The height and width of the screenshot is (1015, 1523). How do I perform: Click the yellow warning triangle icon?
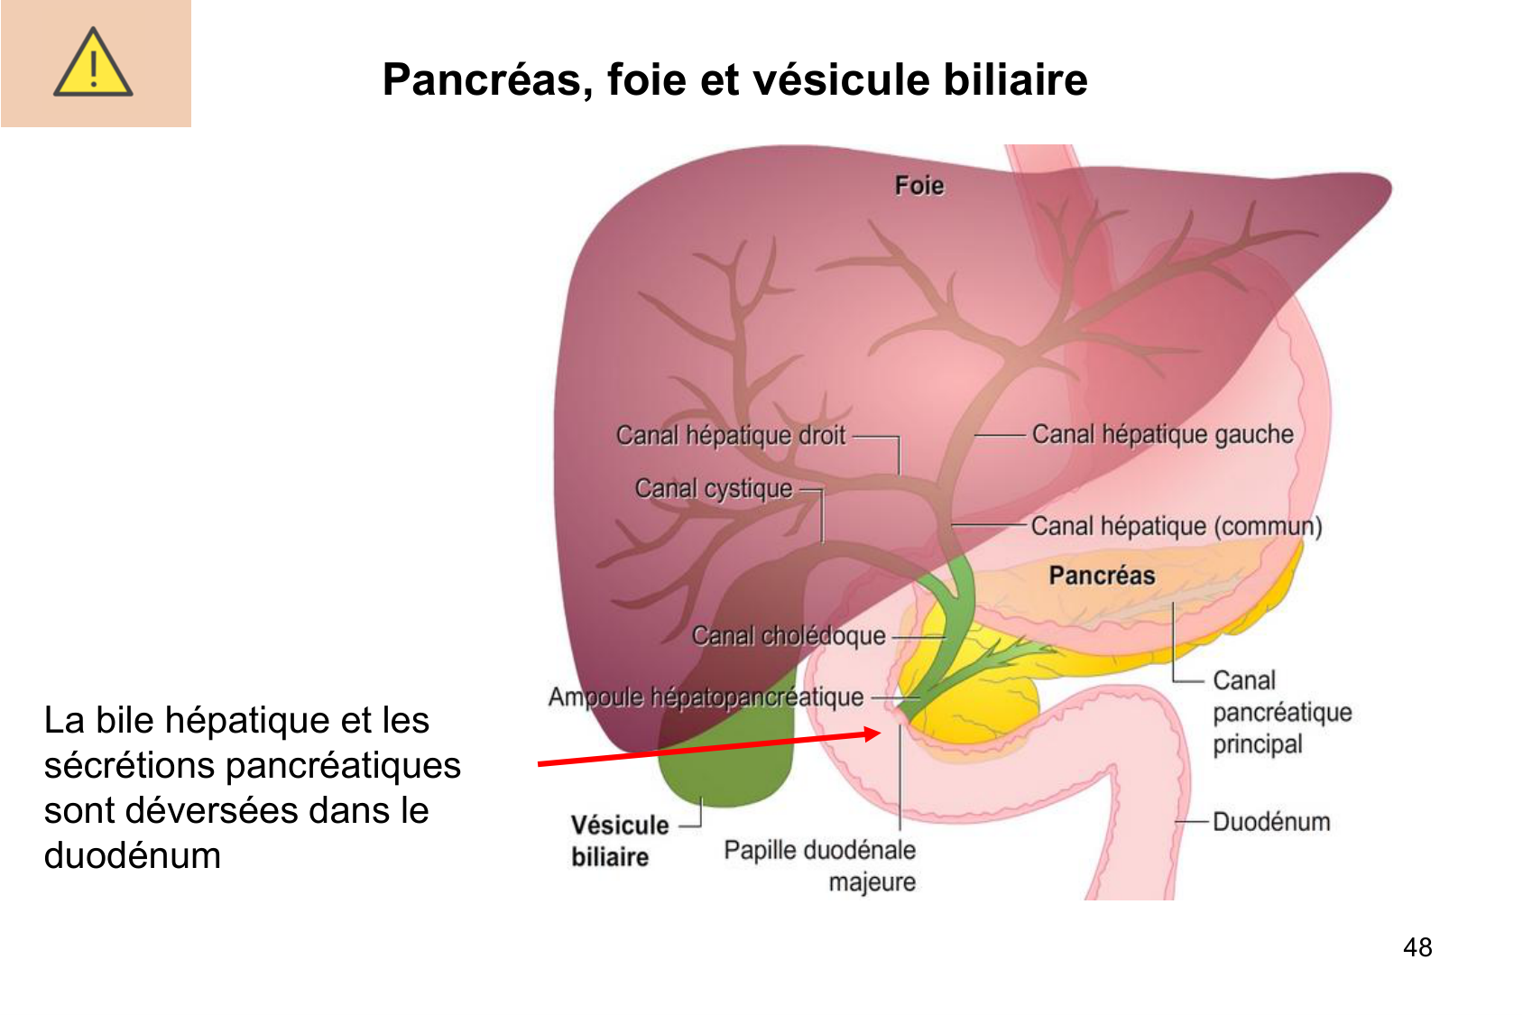pyautogui.click(x=93, y=63)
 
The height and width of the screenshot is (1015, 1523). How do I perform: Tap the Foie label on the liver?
pyautogui.click(x=918, y=186)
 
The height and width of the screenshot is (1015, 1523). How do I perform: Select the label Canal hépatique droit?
pyautogui.click(x=730, y=436)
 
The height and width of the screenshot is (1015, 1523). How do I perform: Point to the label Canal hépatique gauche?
pyautogui.click(x=1162, y=435)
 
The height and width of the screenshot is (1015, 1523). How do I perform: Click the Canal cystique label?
pyautogui.click(x=713, y=489)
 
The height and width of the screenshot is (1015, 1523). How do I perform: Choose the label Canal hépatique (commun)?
pyautogui.click(x=1176, y=526)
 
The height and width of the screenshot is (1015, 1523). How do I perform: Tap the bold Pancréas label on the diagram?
pyautogui.click(x=1101, y=576)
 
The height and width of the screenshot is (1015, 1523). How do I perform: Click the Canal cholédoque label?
pyautogui.click(x=788, y=636)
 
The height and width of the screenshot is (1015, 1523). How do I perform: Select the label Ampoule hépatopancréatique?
pyautogui.click(x=706, y=697)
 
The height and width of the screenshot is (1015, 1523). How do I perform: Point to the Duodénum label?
pyautogui.click(x=1270, y=822)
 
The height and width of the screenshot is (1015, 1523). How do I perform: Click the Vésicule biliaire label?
pyautogui.click(x=619, y=840)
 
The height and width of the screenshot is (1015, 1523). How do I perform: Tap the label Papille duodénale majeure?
pyautogui.click(x=819, y=864)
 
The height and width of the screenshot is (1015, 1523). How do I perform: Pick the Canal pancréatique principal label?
pyautogui.click(x=1281, y=712)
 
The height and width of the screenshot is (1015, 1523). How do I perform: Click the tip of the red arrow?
pyautogui.click(x=879, y=733)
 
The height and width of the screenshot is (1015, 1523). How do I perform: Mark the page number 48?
pyautogui.click(x=1417, y=947)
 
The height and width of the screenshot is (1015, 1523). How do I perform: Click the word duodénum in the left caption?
pyautogui.click(x=133, y=855)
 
